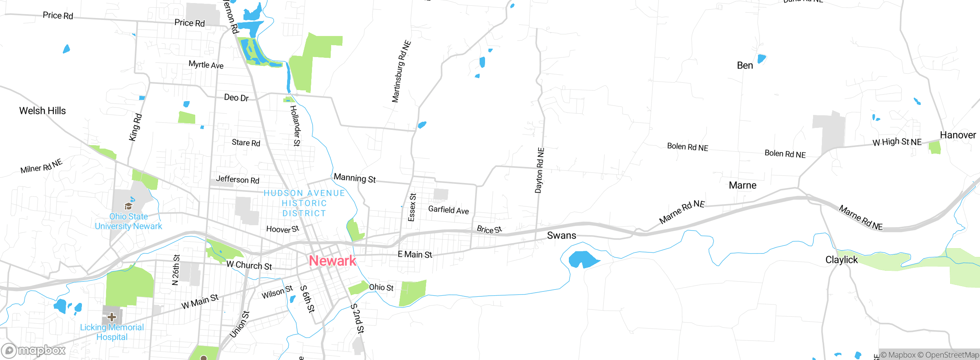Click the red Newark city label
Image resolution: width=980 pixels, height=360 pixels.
tap(332, 261)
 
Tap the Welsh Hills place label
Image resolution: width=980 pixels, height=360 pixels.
tap(42, 111)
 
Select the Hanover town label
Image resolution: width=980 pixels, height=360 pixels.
tap(958, 135)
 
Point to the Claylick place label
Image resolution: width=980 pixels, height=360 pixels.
tap(841, 260)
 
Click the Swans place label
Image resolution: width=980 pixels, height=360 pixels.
tap(561, 236)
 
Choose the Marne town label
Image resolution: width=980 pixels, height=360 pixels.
tap(742, 185)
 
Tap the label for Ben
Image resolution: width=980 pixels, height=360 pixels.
tap(745, 65)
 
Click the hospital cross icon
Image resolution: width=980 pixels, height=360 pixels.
tap(112, 317)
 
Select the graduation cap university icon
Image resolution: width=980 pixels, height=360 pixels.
tap(128, 206)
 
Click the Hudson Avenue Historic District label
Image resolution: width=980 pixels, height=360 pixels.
tap(304, 203)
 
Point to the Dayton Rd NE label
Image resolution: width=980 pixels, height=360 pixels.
tap(539, 170)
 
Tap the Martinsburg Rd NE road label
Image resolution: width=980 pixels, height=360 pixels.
tap(401, 72)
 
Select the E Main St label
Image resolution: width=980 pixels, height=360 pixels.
tap(415, 254)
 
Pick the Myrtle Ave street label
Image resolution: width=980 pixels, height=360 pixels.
tap(206, 65)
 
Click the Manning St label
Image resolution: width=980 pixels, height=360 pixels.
tap(354, 178)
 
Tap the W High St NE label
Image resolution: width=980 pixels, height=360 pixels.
tap(897, 142)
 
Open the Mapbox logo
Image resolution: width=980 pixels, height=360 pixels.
tap(34, 350)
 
